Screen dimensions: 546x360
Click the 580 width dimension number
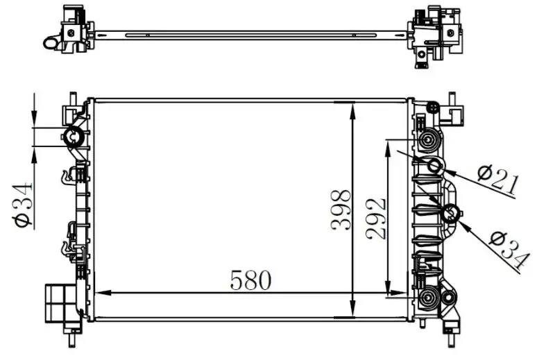[x=250, y=280]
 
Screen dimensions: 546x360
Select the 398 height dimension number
[x=341, y=210]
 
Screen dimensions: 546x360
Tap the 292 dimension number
[x=377, y=219]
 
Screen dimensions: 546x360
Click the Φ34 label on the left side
[x=23, y=205]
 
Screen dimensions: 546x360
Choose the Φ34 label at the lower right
[x=509, y=250]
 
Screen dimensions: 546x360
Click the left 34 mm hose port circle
[x=74, y=137]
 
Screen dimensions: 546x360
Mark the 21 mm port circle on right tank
[x=434, y=165]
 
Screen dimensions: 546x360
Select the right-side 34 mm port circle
[x=450, y=214]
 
